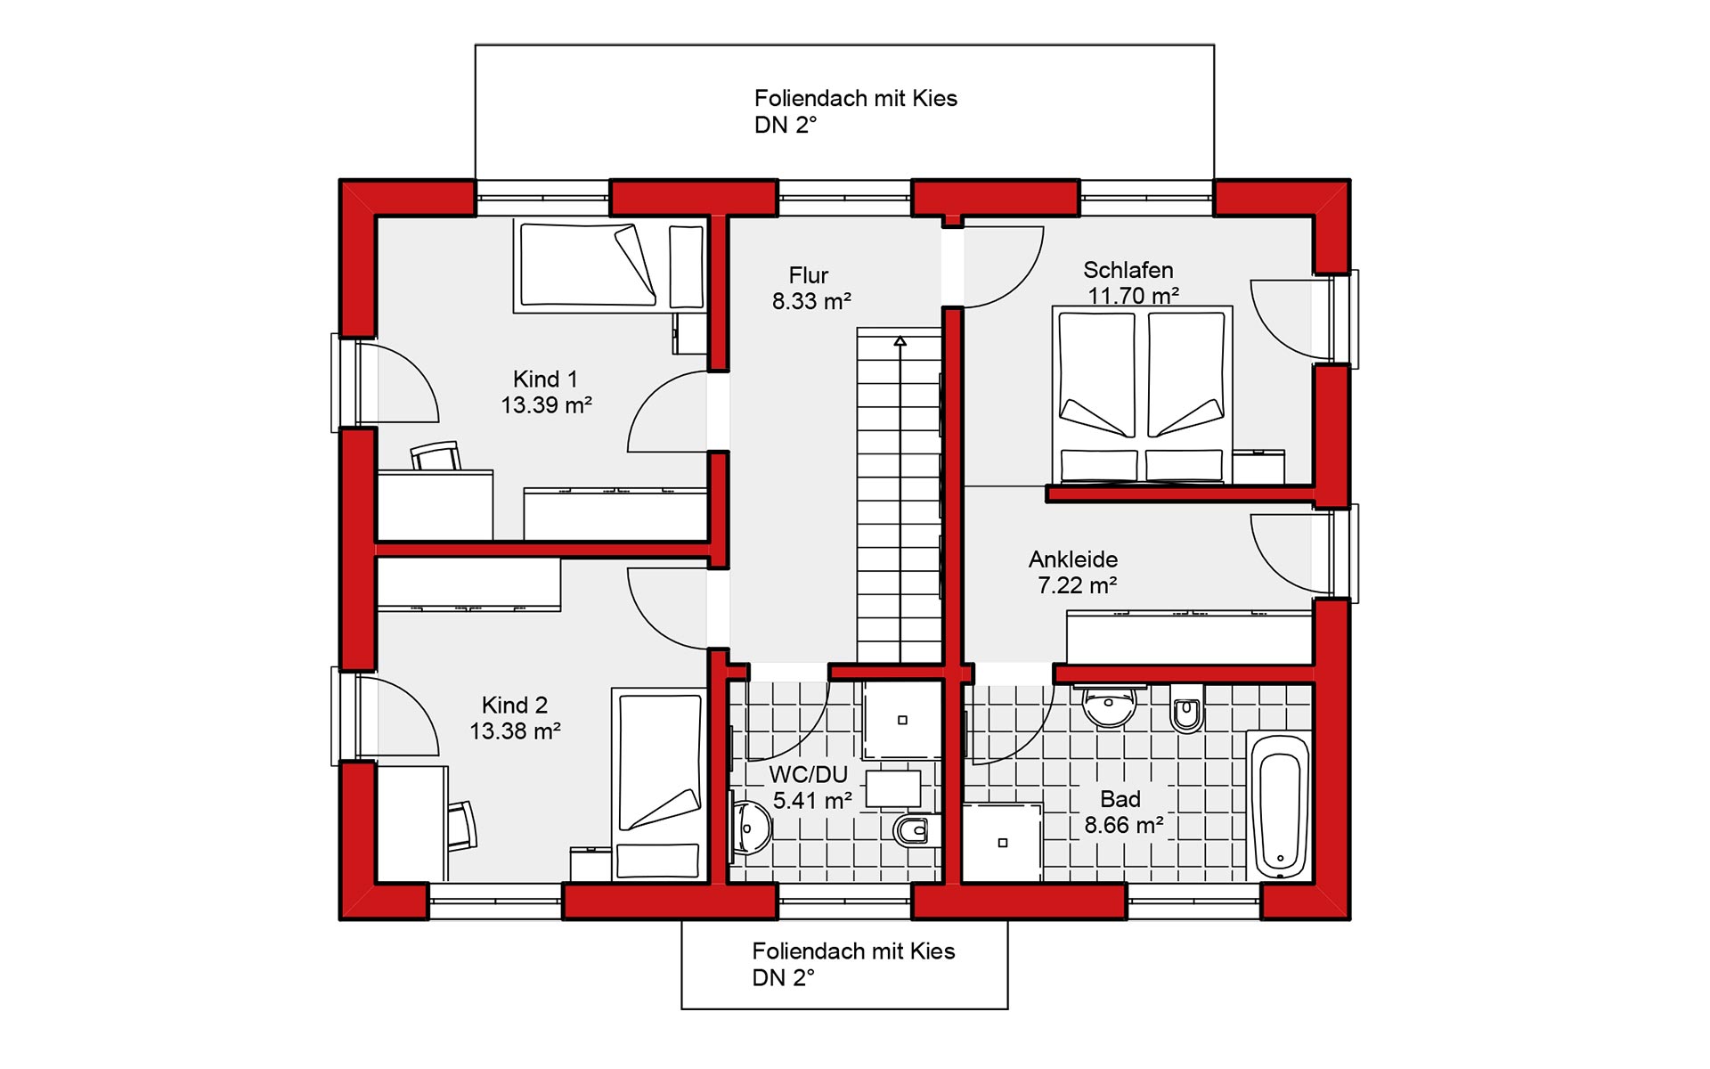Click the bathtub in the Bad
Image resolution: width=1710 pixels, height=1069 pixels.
(x=1281, y=804)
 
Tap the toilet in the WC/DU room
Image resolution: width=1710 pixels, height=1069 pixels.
(x=912, y=831)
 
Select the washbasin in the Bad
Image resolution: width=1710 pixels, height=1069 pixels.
(x=1110, y=706)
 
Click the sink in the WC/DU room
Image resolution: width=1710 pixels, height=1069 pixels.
(x=751, y=828)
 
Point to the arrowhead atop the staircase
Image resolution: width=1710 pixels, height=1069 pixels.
(x=900, y=340)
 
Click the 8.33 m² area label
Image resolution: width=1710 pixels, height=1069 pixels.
(x=811, y=302)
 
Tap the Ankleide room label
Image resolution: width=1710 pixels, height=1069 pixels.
(x=1073, y=559)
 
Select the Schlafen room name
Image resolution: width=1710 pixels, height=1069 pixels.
(x=1128, y=270)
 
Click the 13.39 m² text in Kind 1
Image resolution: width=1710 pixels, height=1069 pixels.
(x=546, y=405)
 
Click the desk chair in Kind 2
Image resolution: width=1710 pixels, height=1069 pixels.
(x=462, y=826)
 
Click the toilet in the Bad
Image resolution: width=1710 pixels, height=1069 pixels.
(x=1186, y=709)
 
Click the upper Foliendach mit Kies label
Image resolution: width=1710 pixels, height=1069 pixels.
(x=856, y=98)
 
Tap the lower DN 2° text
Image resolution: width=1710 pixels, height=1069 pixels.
(x=783, y=978)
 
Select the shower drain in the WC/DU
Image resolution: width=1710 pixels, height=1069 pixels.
(x=902, y=720)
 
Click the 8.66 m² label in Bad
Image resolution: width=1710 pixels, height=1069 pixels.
(x=1124, y=826)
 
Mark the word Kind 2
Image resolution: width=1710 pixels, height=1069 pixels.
(x=515, y=706)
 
